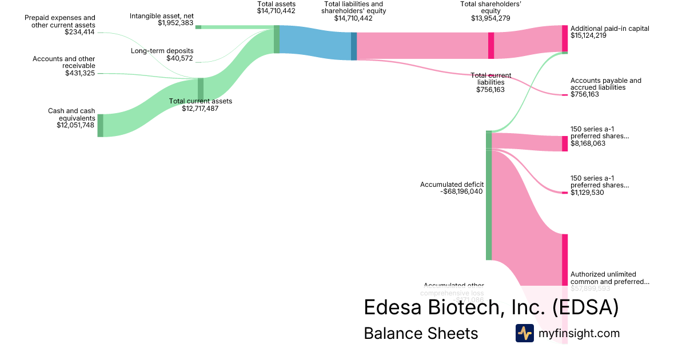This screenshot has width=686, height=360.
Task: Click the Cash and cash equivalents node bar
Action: click(100, 125)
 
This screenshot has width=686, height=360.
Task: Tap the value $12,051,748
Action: click(75, 125)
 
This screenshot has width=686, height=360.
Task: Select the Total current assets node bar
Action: click(201, 89)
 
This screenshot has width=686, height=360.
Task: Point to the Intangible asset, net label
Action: click(161, 15)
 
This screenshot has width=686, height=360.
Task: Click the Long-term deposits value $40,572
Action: click(180, 58)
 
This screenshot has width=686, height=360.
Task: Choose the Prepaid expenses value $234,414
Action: click(80, 32)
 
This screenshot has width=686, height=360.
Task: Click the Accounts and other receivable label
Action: click(63, 62)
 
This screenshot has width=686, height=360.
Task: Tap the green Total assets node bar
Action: click(277, 39)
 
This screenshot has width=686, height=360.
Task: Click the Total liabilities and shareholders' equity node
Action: click(354, 46)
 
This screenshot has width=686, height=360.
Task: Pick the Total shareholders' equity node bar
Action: click(491, 46)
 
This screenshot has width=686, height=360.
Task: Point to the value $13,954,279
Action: click(490, 18)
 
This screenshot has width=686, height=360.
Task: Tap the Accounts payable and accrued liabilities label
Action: click(605, 84)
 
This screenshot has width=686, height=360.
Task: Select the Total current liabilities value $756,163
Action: click(490, 90)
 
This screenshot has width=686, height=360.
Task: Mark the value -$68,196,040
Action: click(462, 191)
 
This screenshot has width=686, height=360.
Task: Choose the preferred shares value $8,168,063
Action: click(588, 143)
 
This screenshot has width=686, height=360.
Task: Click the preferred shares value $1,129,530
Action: click(587, 193)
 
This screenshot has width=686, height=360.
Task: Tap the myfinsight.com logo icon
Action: click(524, 333)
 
